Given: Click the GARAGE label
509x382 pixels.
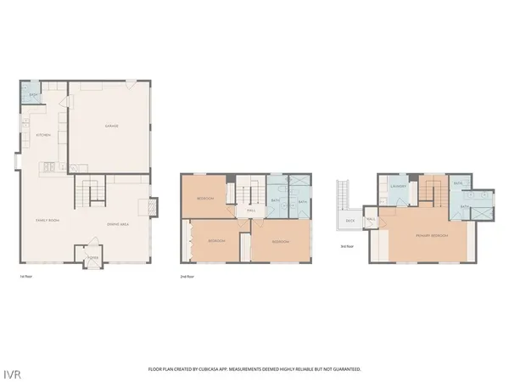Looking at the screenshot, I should [111, 126].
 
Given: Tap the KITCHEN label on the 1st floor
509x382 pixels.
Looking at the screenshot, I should [42, 135].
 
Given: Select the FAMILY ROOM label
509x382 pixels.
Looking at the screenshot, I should [46, 219].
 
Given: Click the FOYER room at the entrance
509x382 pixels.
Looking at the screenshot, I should [93, 256].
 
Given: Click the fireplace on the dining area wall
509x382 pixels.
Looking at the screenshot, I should [153, 207].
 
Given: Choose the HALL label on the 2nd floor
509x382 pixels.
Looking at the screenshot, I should [251, 210].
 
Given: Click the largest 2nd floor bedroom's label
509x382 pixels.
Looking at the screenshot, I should [281, 242].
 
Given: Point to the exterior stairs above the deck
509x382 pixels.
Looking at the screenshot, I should [344, 194].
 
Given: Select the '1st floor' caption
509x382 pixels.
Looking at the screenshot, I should [26, 277].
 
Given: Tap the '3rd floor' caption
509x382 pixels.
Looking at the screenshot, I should [347, 247].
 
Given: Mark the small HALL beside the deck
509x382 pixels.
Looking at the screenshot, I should [371, 219].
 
